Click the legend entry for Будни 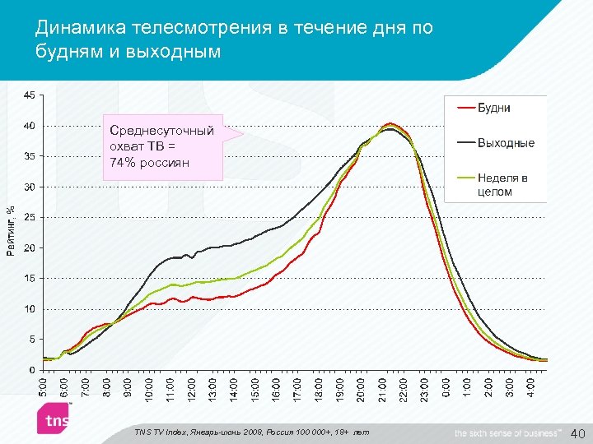[495, 107]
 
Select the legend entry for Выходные [506, 142]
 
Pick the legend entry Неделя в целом [502, 184]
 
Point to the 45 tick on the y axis [29, 95]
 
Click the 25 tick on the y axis [29, 217]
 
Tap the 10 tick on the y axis [29, 308]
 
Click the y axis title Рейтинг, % [11, 230]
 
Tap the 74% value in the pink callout [122, 162]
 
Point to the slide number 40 [577, 432]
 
